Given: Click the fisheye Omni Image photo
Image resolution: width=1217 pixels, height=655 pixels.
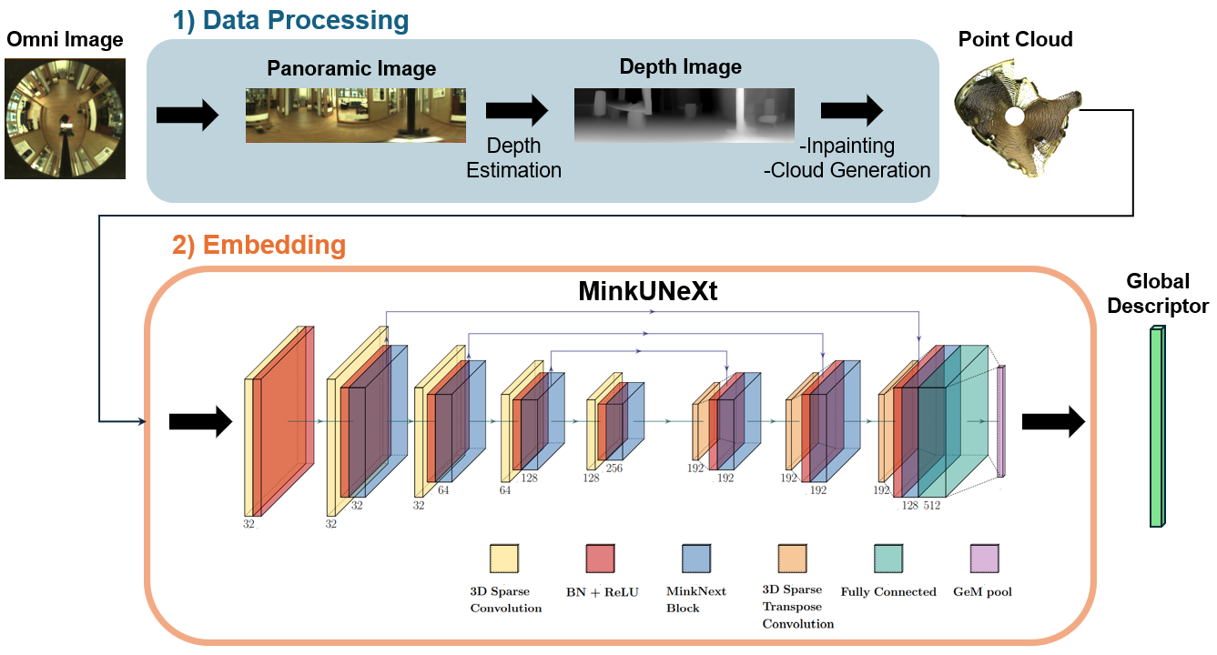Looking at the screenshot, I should click(65, 118).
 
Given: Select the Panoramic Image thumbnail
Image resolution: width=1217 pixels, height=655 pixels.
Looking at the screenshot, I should click(355, 116).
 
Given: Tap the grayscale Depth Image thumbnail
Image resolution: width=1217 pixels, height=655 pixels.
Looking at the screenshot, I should click(684, 115).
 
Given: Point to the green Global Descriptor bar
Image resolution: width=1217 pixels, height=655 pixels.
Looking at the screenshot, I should click(1157, 427).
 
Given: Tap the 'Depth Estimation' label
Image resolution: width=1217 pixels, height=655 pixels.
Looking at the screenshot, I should click(513, 157).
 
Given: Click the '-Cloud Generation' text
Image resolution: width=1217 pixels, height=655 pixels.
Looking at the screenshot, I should click(849, 170).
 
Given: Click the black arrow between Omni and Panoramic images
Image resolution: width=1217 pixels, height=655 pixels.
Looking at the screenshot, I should click(187, 116).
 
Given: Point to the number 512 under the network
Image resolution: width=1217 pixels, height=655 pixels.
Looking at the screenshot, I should click(932, 505).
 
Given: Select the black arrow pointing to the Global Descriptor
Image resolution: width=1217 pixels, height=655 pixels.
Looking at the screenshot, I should click(1053, 422).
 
